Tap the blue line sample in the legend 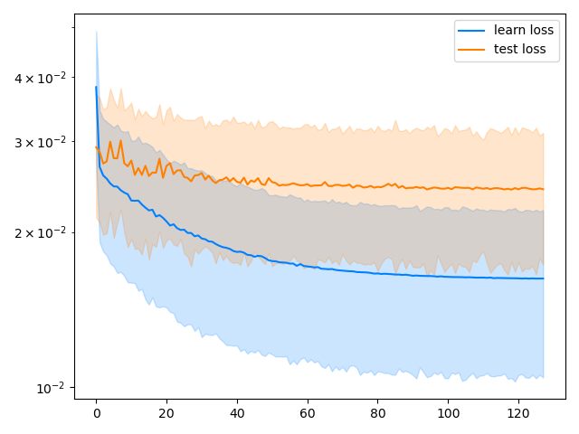click(x=473, y=30)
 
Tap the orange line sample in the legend click(x=473, y=49)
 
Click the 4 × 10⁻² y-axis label click(x=39, y=78)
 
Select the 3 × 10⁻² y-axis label click(x=39, y=142)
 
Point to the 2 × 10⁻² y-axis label click(x=39, y=232)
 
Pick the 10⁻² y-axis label click(x=51, y=388)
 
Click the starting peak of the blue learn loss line click(x=96, y=87)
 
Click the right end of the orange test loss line click(x=543, y=189)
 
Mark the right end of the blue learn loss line click(x=543, y=278)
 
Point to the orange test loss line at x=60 click(x=308, y=184)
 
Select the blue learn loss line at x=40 click(x=237, y=252)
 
